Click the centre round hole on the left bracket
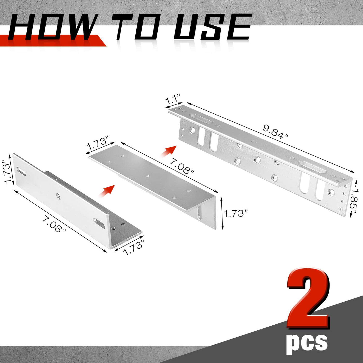[58, 196]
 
